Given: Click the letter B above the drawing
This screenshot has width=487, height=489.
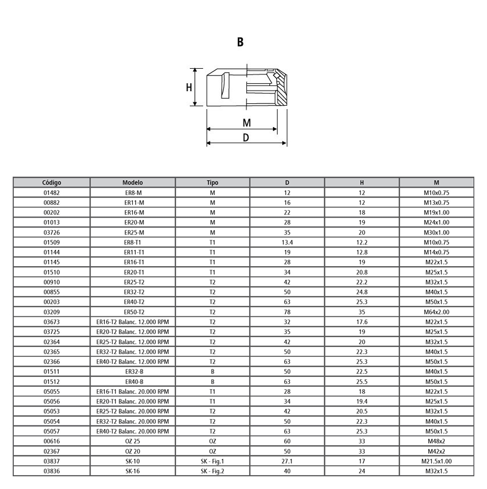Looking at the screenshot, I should [240, 42].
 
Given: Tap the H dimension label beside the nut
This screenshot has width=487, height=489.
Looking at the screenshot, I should [189, 87].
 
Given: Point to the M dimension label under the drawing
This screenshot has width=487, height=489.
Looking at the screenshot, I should [246, 122].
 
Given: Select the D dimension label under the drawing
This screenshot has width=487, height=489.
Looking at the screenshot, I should [246, 137].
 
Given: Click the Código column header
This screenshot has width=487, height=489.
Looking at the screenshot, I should [51, 182].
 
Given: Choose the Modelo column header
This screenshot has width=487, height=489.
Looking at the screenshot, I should [133, 182].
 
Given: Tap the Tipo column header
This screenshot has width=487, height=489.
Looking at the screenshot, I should [212, 182].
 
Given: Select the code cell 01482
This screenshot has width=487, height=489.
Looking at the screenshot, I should [51, 193].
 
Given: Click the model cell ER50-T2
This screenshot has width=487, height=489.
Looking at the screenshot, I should [133, 312].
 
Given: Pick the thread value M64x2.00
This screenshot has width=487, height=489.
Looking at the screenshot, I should [436, 312].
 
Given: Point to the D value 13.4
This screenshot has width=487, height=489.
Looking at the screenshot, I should [287, 242].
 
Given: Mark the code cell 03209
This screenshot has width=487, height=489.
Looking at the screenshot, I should [51, 312].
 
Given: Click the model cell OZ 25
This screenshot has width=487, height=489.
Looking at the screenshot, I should [133, 442].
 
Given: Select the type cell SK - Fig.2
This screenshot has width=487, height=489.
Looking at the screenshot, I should [212, 471].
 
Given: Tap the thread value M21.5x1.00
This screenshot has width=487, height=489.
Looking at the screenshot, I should [436, 461].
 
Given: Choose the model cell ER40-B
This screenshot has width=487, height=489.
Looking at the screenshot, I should [133, 382].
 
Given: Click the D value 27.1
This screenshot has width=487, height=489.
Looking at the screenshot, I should [287, 461].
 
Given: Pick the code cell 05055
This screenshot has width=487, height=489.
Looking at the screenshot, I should [51, 391].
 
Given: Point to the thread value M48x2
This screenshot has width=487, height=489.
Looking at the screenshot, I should [436, 442].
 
